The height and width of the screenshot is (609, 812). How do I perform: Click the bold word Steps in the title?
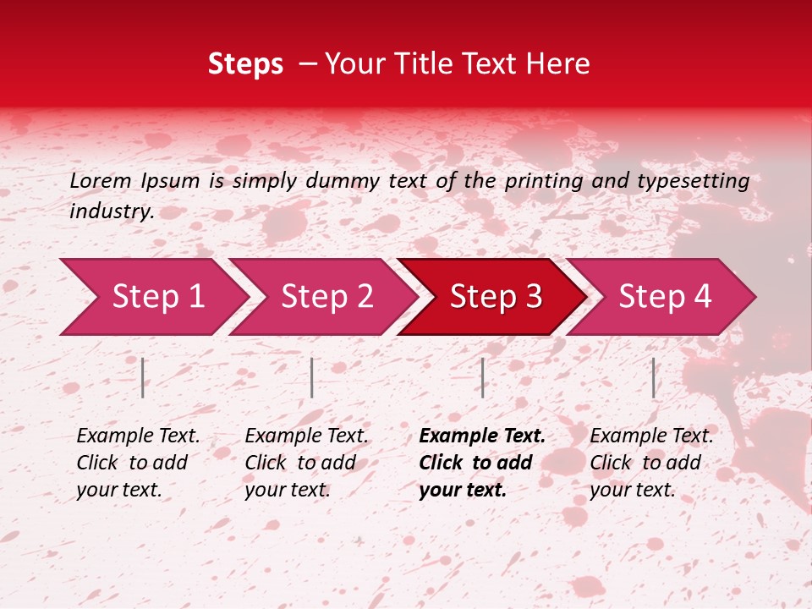[x=245, y=64]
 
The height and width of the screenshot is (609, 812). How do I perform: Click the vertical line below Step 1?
[x=143, y=377]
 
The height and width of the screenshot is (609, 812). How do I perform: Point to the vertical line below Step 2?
[x=312, y=377]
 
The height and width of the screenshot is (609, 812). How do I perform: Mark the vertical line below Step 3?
[x=482, y=377]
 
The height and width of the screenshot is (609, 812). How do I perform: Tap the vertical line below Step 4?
[x=653, y=377]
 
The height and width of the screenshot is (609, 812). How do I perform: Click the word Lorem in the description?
[x=100, y=180]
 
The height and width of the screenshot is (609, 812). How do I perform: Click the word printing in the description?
[x=545, y=180]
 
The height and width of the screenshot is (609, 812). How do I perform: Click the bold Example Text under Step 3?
[x=482, y=436]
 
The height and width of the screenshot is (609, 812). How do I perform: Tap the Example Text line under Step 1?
[x=138, y=436]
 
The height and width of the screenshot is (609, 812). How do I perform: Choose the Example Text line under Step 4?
[x=651, y=436]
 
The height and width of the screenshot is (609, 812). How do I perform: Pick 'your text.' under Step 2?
[x=288, y=490]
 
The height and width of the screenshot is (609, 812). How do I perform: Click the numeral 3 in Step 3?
[x=533, y=297]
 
